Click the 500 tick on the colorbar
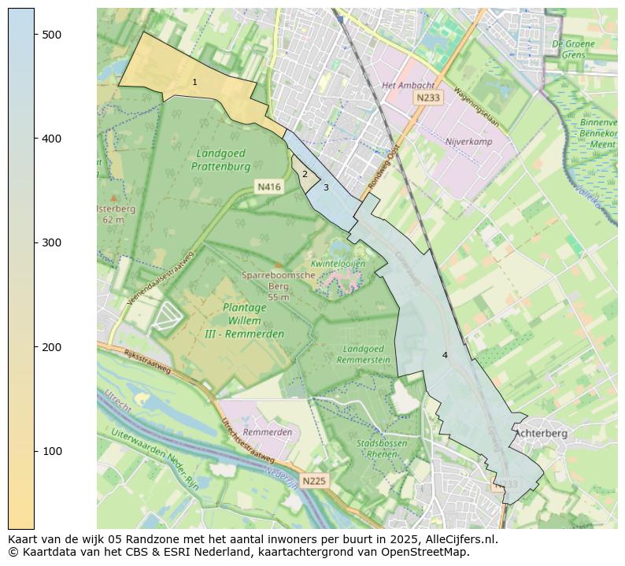(35, 35)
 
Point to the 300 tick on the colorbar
(35, 242)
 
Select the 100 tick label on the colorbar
(51, 451)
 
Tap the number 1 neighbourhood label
(194, 83)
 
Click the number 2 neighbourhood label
(305, 175)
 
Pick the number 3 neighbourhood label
(326, 188)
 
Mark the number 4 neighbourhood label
(445, 356)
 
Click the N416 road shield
(268, 187)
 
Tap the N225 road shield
(313, 480)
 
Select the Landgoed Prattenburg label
(220, 160)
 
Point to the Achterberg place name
(541, 433)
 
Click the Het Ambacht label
(407, 85)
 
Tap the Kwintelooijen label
(339, 264)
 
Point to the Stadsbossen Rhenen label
(383, 449)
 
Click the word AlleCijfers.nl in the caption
(457, 539)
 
